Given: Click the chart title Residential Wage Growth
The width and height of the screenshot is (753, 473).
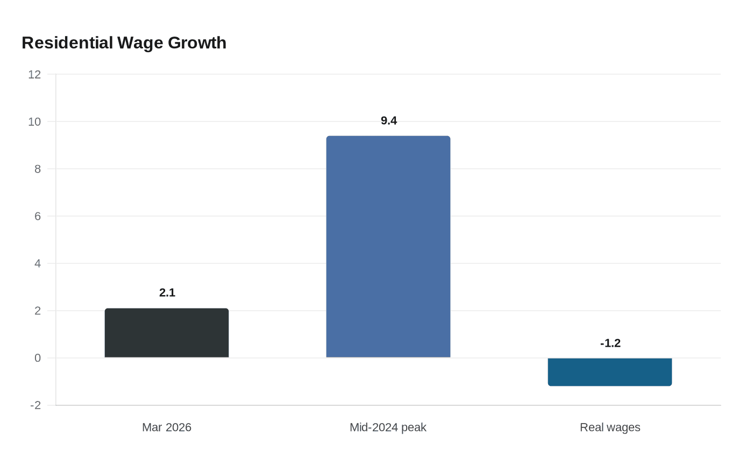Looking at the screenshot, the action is click(124, 43).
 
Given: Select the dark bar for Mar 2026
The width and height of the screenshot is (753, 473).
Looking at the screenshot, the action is click(167, 333).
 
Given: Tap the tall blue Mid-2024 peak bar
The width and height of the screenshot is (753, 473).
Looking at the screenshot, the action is click(388, 247).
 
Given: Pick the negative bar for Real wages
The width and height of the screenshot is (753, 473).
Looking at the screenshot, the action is click(610, 372).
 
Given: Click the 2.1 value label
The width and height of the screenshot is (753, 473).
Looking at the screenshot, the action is click(167, 292).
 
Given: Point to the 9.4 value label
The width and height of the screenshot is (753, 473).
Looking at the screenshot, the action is click(388, 120).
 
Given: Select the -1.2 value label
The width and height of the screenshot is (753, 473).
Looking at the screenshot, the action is click(610, 343).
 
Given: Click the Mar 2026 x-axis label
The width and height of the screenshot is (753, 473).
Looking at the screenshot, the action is click(167, 427).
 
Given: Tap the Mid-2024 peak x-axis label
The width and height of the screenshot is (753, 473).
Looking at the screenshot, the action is click(388, 427).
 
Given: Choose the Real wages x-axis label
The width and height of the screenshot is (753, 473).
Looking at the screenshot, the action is click(610, 427).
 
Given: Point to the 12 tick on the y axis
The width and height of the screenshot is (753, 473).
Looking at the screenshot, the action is click(34, 74).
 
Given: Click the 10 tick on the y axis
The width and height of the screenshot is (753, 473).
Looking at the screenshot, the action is click(34, 121).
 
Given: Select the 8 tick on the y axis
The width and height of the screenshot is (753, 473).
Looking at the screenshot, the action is click(38, 169).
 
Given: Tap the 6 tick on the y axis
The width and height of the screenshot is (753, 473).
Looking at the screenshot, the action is click(38, 216).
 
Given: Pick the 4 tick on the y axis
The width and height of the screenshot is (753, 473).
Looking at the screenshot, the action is click(38, 263).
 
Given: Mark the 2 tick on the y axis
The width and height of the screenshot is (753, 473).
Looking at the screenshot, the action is click(38, 311).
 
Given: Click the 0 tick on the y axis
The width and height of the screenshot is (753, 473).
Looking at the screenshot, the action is click(38, 358).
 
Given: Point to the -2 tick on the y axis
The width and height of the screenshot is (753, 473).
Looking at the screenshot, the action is click(35, 405).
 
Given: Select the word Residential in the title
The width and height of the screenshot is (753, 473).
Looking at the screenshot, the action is click(67, 42).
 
